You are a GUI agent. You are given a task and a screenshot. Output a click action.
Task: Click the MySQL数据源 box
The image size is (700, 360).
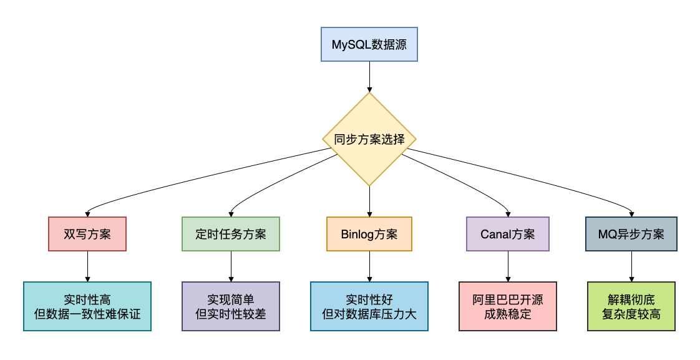point(369,44)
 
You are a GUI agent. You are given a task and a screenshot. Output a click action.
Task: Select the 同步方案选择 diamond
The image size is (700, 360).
point(369,139)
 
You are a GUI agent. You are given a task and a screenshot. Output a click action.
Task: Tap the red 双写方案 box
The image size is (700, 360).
point(87,234)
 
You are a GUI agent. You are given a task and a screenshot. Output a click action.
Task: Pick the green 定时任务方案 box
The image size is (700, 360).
point(231,234)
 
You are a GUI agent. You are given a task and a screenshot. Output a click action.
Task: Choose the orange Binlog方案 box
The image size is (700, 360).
point(369,234)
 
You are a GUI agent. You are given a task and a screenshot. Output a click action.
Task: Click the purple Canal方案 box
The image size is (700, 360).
point(507,234)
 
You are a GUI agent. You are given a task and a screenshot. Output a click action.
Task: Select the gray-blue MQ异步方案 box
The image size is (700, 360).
point(631,234)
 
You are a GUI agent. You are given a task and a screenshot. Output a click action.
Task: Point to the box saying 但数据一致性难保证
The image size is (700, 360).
point(87,306)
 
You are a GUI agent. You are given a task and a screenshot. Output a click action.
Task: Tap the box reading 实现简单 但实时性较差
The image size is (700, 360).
point(231,306)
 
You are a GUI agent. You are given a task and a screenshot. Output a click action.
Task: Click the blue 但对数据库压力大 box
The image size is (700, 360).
point(369,306)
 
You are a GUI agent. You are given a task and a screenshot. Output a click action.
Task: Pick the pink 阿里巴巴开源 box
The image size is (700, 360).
point(507,306)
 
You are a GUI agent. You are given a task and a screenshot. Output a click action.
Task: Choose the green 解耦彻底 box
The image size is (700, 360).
point(631,306)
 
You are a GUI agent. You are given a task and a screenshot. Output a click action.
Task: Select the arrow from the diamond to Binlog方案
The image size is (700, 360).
point(369,201)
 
